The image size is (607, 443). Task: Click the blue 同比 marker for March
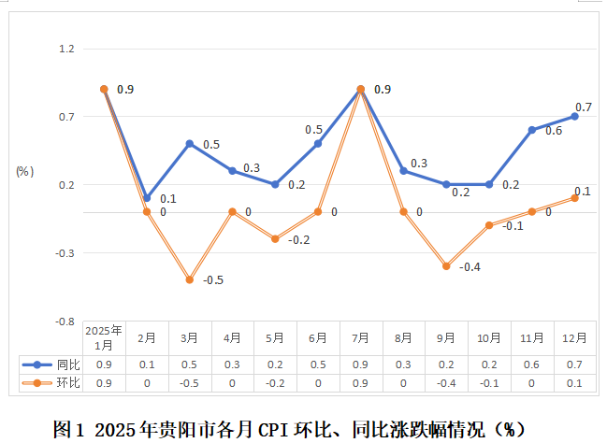click(x=190, y=144)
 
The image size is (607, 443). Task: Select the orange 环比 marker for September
click(x=446, y=266)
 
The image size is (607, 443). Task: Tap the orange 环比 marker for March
click(x=190, y=279)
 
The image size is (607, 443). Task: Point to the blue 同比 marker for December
click(x=574, y=117)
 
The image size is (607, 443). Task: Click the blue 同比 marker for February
click(x=147, y=198)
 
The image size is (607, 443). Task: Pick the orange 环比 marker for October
click(x=489, y=225)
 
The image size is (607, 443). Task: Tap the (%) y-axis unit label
click(x=24, y=171)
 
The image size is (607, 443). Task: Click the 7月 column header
click(x=361, y=337)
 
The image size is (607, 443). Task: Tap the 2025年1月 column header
click(x=104, y=337)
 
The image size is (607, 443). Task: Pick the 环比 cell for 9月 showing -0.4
click(x=446, y=383)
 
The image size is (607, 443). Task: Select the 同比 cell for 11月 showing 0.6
click(x=532, y=364)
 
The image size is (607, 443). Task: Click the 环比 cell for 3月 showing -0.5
click(x=190, y=383)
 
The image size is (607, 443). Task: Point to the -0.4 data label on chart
click(x=469, y=267)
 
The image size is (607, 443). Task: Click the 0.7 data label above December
click(x=583, y=107)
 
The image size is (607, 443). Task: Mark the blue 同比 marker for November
click(x=531, y=130)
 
